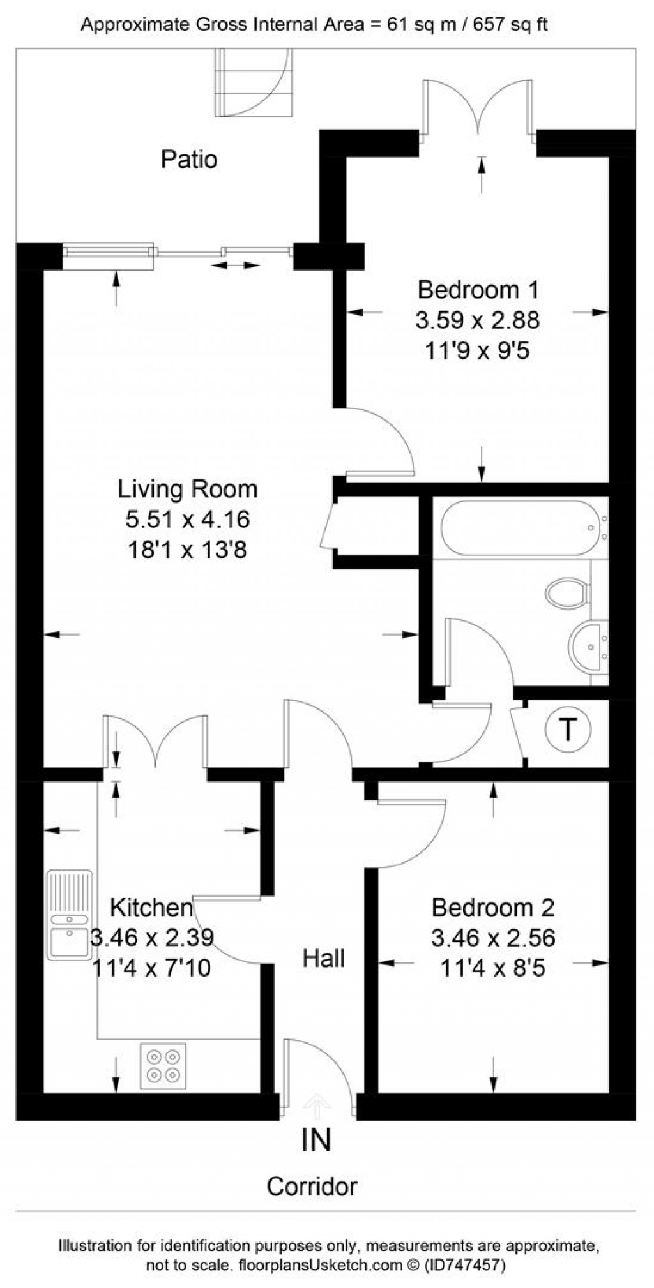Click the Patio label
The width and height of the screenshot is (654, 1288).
click(189, 159)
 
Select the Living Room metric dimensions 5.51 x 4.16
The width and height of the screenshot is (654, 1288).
click(187, 520)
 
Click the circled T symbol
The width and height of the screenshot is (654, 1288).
click(568, 729)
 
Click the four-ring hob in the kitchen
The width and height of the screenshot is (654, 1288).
click(163, 1066)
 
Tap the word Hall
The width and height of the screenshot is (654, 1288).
click(323, 959)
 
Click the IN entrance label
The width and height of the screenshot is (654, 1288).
click(316, 1141)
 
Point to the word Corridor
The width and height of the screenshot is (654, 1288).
click(312, 1187)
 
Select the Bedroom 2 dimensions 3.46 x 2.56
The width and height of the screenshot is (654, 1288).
click(492, 938)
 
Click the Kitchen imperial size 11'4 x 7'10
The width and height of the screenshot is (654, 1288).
click(151, 968)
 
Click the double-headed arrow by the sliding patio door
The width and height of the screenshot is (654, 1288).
click(236, 265)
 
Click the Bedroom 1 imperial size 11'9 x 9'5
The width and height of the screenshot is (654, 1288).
click(477, 350)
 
